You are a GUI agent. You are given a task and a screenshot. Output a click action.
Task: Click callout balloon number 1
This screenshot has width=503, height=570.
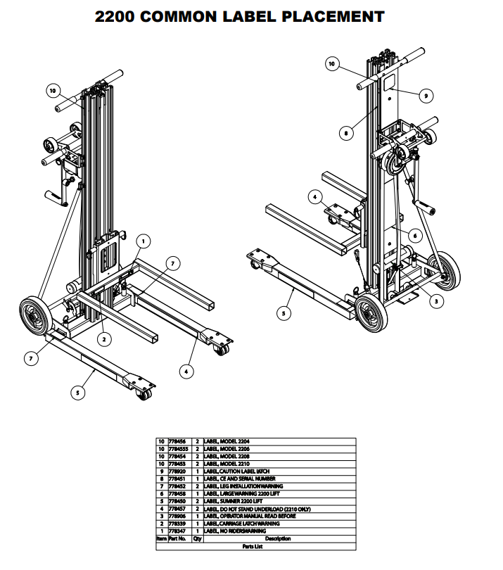142,241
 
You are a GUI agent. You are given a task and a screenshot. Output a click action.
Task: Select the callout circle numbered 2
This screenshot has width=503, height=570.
103,339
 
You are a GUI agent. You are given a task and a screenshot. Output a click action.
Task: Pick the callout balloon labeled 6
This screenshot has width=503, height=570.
415,235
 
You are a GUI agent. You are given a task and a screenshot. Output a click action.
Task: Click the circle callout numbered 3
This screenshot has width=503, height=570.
436,300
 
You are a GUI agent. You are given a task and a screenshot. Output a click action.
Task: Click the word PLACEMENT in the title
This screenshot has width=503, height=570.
334,16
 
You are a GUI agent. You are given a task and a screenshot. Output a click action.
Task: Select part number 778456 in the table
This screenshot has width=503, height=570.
179,441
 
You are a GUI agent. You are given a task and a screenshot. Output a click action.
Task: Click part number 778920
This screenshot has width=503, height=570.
179,471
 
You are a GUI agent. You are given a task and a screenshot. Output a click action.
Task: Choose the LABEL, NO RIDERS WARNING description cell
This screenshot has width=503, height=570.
236,531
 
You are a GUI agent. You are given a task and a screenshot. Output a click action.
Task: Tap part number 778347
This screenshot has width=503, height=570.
179,531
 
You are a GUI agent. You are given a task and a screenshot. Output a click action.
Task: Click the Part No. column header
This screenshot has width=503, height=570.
179,539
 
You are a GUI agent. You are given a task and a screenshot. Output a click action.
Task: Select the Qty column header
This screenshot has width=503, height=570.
198,539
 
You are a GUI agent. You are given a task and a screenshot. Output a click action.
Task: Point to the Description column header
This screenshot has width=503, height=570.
278,539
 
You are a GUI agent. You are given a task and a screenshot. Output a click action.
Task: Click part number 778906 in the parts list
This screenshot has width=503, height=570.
179,516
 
